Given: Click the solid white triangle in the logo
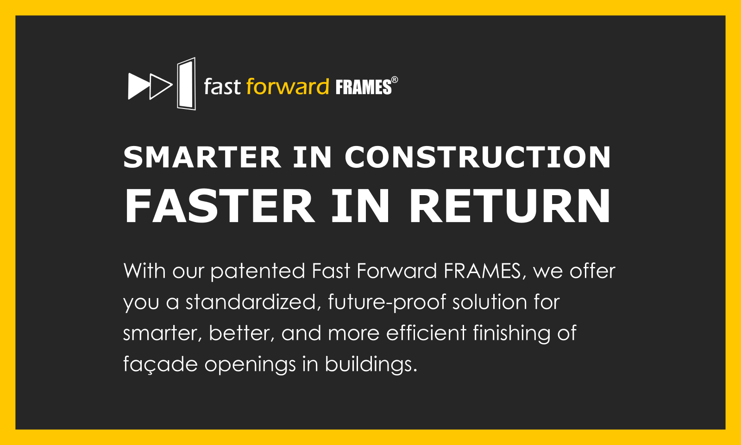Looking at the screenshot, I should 137,86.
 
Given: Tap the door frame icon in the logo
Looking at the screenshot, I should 186,83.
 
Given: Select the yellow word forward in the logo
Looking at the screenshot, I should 288,87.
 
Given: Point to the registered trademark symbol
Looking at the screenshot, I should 395,80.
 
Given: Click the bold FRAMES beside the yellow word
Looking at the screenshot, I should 363,88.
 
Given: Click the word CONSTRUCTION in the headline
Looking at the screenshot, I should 477,157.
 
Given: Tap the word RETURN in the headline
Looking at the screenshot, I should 510,206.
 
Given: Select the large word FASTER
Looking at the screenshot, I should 220,206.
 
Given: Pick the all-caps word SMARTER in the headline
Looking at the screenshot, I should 202,157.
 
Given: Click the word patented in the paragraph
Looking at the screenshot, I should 258,272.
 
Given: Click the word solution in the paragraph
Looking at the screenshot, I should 490,302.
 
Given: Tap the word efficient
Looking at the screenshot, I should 426,333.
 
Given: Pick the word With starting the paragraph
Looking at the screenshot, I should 144,271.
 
